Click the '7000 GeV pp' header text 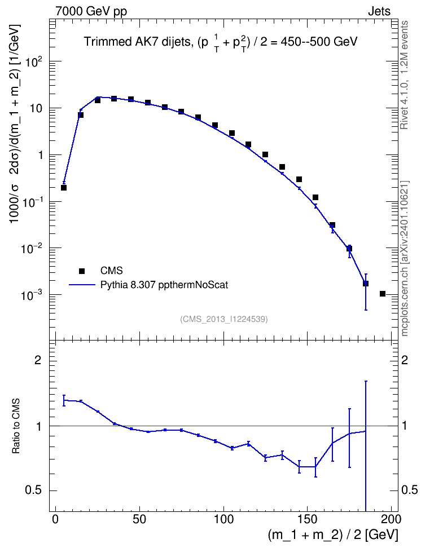click(91, 11)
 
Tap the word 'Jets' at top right click(379, 11)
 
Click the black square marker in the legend click(82, 271)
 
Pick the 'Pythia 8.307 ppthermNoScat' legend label click(164, 285)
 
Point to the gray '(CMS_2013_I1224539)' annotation click(224, 319)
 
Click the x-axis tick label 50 click(139, 519)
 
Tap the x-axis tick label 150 click(307, 519)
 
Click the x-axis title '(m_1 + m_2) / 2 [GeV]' click(333, 535)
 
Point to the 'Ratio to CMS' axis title click(16, 426)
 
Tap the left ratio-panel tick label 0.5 click(33, 490)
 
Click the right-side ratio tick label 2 click(405, 360)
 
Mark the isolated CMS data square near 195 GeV click(383, 294)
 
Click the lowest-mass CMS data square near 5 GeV click(64, 188)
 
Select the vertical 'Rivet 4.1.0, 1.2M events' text click(404, 75)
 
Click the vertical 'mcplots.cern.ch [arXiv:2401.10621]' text click(404, 258)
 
